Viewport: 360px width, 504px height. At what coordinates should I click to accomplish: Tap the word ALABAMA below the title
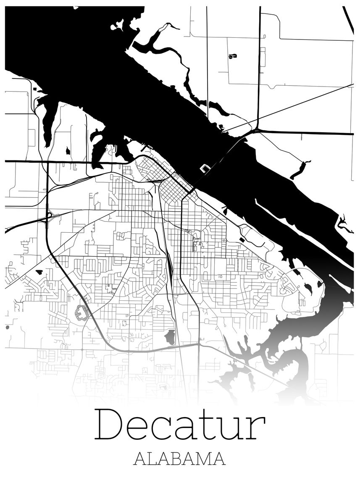click(180, 459)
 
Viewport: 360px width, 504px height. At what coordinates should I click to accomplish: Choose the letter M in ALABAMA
click(203, 459)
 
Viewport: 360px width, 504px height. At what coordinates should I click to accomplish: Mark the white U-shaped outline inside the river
click(205, 168)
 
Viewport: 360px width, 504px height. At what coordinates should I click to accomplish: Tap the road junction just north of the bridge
click(255, 131)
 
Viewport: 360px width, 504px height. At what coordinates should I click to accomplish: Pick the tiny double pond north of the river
click(232, 56)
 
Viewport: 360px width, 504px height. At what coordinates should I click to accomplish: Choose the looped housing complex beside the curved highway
click(81, 312)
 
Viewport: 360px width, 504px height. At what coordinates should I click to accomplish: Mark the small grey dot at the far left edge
click(7, 327)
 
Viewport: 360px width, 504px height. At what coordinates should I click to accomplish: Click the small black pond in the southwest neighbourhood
click(39, 272)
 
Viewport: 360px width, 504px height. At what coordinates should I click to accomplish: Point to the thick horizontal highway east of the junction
click(307, 133)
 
